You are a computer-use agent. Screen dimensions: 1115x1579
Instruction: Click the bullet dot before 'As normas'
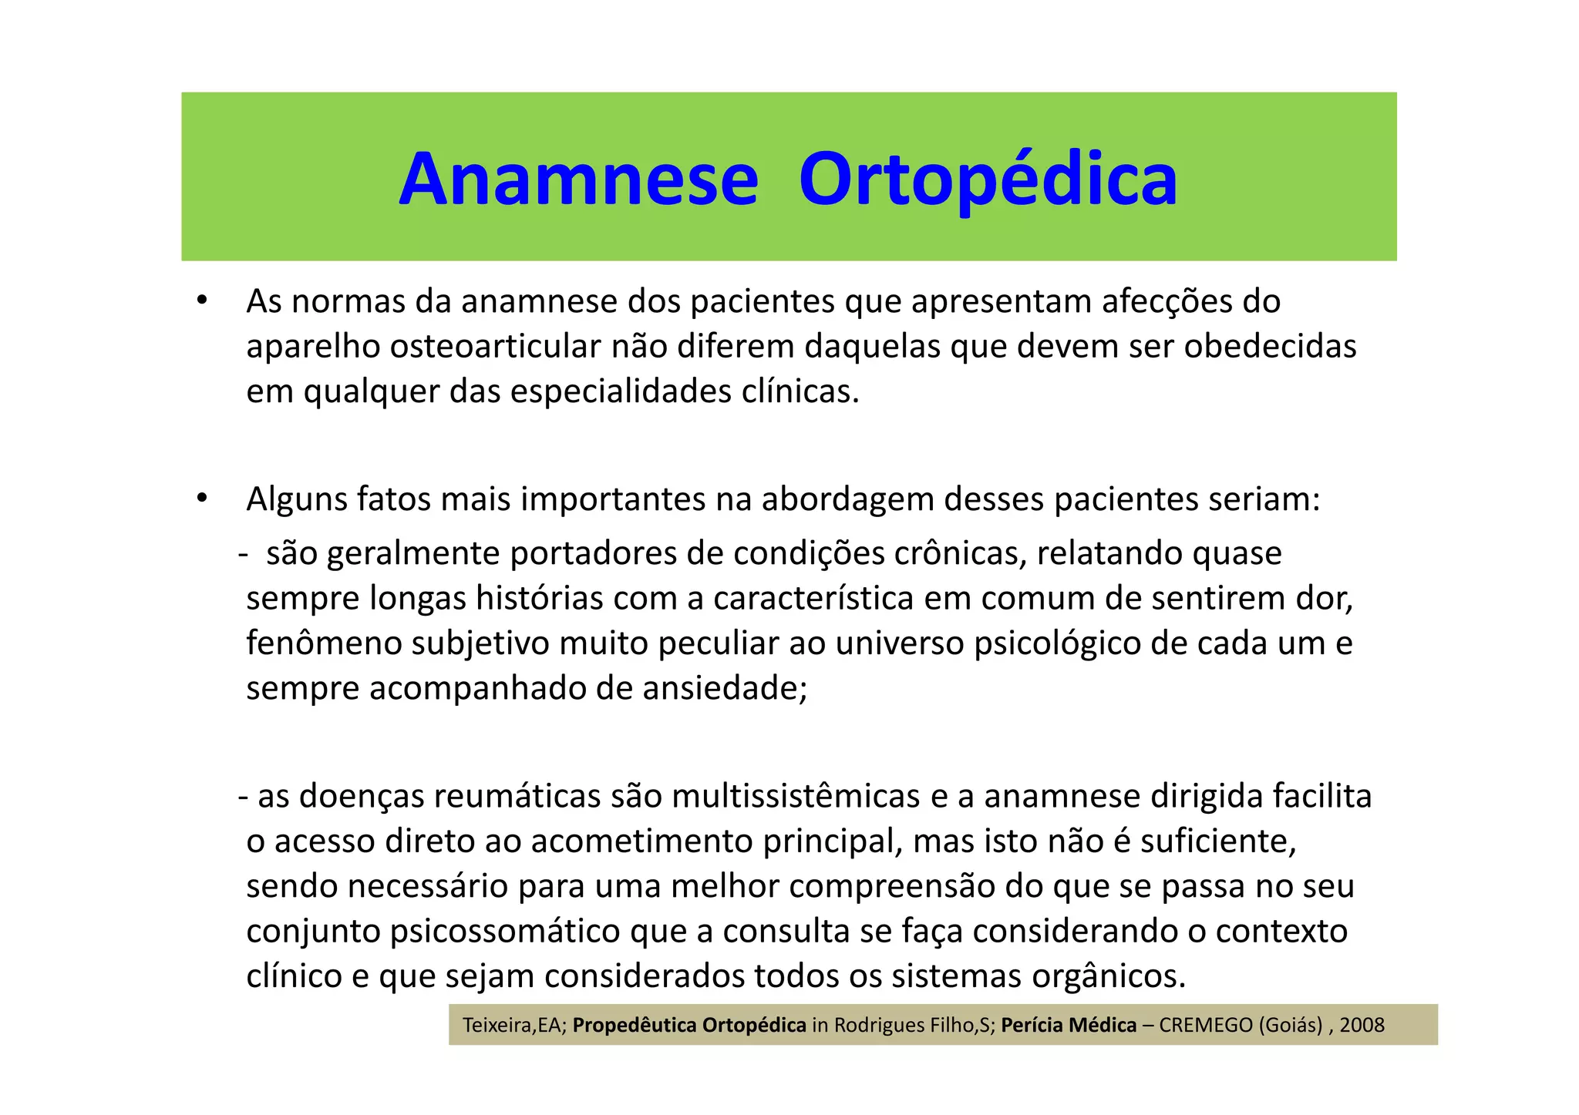[202, 300]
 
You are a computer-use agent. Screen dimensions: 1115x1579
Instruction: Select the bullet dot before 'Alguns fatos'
[202, 498]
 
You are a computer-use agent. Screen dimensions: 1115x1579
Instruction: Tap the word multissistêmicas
[796, 796]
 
